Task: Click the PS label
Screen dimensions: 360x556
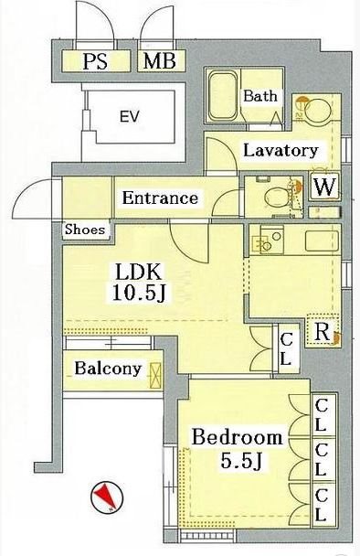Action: [x=95, y=61]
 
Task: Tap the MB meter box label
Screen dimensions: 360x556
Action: [x=160, y=60]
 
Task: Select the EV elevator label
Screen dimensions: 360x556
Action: [x=129, y=116]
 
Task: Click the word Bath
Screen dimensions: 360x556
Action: [x=260, y=96]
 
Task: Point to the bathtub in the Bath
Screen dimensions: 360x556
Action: [x=223, y=96]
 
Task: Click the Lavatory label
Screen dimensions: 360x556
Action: [x=281, y=151]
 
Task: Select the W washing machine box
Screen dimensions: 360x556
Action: [x=324, y=187]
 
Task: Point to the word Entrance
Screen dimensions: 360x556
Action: [x=160, y=198]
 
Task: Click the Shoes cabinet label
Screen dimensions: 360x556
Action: [x=85, y=230]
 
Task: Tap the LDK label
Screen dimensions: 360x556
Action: [x=139, y=273]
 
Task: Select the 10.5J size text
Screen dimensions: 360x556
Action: [x=139, y=294]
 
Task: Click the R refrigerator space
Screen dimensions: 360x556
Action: [x=323, y=331]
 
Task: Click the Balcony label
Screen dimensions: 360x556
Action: [x=108, y=369]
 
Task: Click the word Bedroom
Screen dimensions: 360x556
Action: [x=237, y=437]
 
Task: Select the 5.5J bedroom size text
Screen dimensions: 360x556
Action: [x=240, y=461]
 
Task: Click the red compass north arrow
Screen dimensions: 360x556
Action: [x=106, y=496]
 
